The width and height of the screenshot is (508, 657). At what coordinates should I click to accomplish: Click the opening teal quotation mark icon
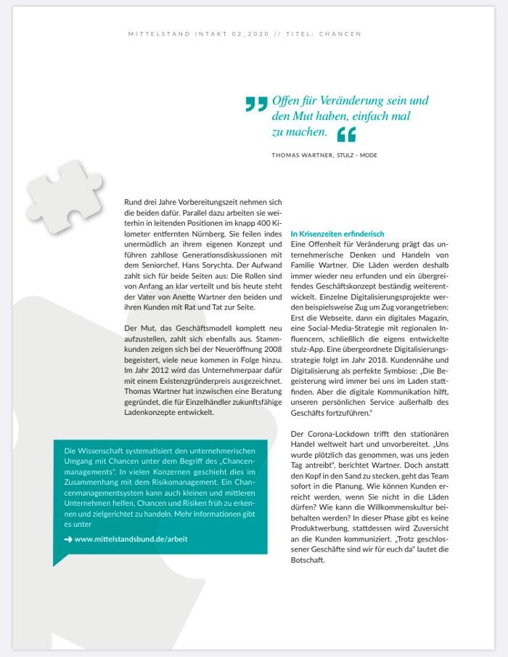point(256,105)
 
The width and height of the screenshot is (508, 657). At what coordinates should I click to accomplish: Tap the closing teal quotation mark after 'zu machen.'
point(347,134)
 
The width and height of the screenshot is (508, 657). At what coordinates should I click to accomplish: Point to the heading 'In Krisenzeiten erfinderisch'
point(337,234)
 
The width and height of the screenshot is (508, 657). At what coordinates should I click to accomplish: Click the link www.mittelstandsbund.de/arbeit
point(131,539)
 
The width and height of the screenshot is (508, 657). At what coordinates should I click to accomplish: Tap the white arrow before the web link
point(68,539)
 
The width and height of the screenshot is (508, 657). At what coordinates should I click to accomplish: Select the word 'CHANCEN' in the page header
point(339,34)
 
